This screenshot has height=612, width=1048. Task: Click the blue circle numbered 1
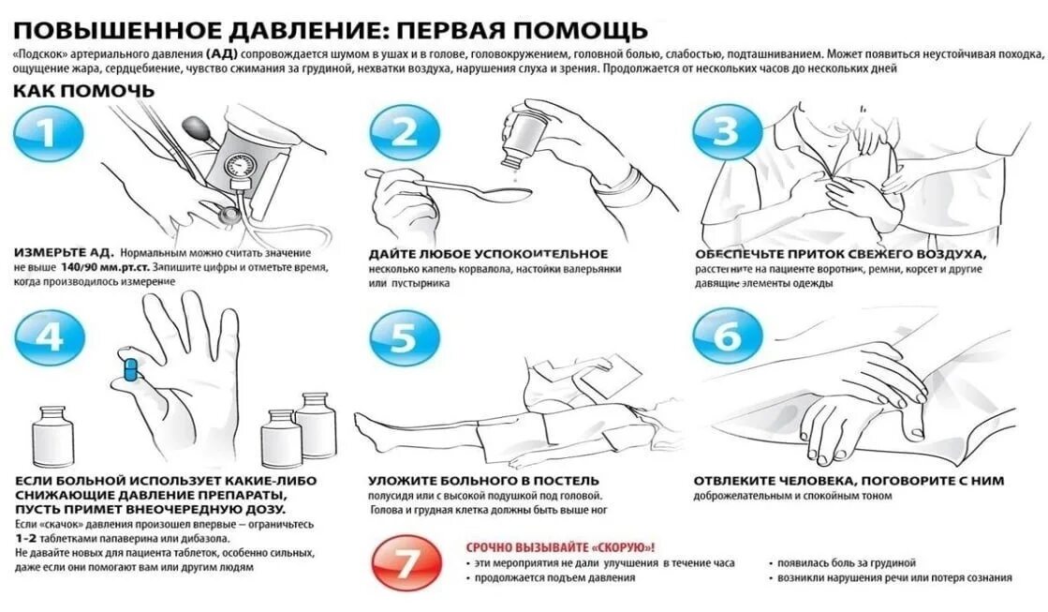(48, 133)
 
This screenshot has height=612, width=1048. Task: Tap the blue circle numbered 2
(405, 133)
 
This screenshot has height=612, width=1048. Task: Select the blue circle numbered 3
(727, 133)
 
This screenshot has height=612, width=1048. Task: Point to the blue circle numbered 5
(405, 337)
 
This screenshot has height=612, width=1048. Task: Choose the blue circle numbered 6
(727, 336)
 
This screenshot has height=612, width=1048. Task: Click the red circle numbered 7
(407, 562)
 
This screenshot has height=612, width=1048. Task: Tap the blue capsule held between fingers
(131, 369)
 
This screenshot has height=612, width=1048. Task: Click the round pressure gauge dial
(239, 165)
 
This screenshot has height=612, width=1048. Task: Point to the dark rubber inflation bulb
(196, 126)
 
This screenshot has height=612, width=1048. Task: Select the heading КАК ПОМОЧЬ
(83, 91)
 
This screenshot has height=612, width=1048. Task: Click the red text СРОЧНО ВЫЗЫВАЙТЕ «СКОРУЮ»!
(560, 547)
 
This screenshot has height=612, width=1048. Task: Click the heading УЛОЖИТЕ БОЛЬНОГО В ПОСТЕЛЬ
(483, 480)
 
